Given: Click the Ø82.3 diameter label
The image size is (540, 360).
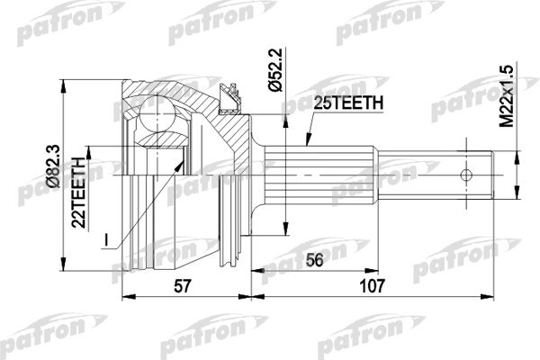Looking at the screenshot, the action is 54,166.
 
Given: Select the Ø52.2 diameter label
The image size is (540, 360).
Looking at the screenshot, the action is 275,70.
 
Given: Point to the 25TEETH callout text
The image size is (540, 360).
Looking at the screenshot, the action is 348,103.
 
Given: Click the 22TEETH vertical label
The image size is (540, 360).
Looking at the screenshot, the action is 78,193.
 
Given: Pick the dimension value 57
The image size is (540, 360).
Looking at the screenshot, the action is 182,286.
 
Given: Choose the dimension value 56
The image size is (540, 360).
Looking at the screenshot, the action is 314,260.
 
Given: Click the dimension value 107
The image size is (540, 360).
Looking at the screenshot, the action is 372,286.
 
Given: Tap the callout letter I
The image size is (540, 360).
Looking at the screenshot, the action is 107,240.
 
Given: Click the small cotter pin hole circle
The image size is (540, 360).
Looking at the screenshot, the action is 466,175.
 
